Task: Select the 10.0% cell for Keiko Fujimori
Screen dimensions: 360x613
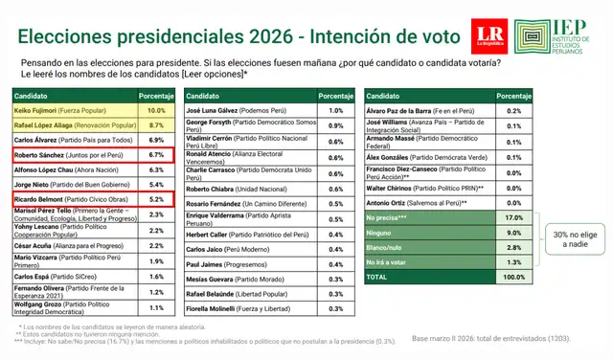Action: (158, 111)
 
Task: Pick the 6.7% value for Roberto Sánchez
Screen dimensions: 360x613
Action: (158, 153)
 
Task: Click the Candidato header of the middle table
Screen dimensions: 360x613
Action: (205, 97)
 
